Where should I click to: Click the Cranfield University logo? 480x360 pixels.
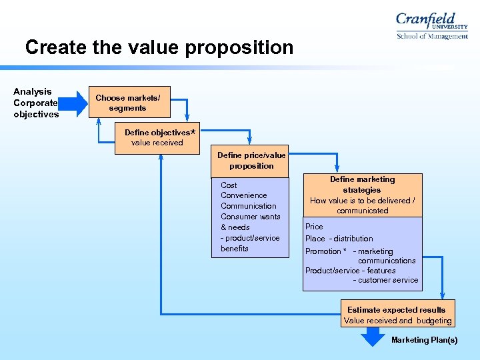(x=431, y=26)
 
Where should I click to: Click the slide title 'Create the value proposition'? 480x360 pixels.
(x=159, y=47)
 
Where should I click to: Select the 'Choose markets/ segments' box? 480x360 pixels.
(x=127, y=103)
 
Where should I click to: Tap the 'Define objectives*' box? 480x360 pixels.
(x=157, y=137)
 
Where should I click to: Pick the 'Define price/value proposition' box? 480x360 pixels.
(x=251, y=160)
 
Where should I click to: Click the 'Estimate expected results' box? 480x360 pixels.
(x=397, y=315)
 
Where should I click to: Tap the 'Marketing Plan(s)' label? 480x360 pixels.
(x=424, y=340)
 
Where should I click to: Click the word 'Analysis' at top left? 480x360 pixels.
(x=32, y=91)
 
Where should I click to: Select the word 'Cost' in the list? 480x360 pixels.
(x=229, y=185)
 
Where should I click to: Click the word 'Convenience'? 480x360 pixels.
(x=243, y=195)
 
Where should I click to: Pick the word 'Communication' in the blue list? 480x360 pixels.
(x=248, y=206)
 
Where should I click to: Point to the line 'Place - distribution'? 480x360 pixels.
(x=339, y=239)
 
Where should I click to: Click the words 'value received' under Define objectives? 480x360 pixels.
(x=157, y=143)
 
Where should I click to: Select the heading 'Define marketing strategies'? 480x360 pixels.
(x=362, y=185)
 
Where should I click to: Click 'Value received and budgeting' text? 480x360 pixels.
(x=397, y=321)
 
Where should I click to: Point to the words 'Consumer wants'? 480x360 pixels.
(x=250, y=217)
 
